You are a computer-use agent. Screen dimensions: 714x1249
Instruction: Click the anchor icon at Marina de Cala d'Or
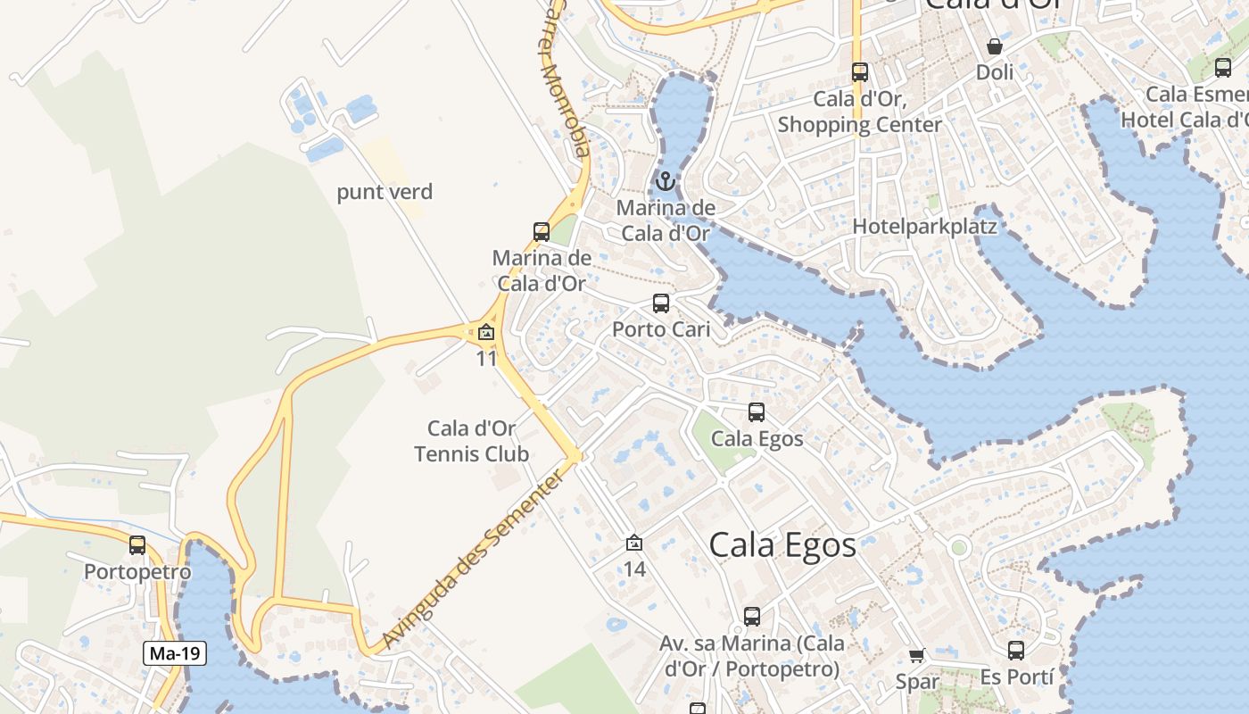coord(665,182)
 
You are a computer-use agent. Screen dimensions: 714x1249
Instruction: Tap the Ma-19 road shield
coord(175,653)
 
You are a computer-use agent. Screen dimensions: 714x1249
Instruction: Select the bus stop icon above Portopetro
coord(137,544)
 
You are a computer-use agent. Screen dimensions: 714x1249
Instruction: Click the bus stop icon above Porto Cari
coord(661,303)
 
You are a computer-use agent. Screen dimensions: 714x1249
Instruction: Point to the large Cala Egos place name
coord(782,544)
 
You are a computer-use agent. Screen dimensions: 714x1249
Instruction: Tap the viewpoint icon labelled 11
coord(486,333)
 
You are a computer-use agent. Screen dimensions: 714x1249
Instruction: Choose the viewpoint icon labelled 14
coord(634,543)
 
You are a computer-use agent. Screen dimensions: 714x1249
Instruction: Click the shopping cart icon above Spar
coord(917,656)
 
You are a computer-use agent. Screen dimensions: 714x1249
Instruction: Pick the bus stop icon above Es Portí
coord(1016,651)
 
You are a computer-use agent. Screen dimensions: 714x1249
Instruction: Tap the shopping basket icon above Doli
coord(995,46)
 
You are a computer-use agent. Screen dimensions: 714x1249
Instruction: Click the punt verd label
coord(385,192)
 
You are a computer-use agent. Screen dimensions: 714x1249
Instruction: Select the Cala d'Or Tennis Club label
coord(472,441)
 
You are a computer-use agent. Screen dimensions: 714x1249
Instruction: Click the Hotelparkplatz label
coord(924,226)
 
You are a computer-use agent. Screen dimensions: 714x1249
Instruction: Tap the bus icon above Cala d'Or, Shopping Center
coord(860,72)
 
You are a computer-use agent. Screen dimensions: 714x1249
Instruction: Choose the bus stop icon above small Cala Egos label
coord(757,412)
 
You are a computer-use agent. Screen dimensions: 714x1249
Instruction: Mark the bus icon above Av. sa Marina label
coord(752,616)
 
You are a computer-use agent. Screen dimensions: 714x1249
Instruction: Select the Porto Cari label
coord(661,329)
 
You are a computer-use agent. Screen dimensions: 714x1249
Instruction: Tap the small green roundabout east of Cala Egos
coord(959,546)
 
